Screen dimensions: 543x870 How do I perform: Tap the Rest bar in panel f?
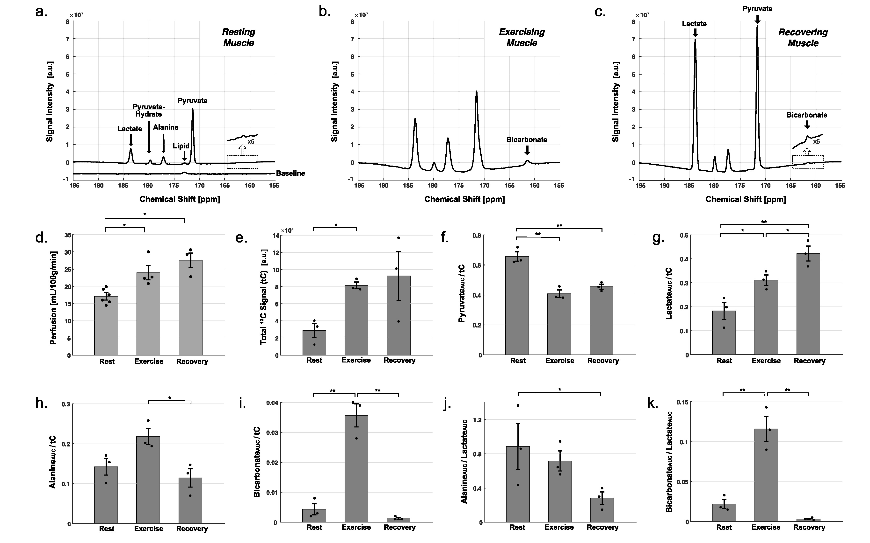(517, 305)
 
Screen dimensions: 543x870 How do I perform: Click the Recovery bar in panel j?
(602, 510)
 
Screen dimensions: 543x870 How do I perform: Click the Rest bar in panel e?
(314, 343)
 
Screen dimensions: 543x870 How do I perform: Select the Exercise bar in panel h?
(148, 480)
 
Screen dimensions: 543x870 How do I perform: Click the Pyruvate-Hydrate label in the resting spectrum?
(148, 111)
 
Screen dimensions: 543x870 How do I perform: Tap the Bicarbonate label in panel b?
(527, 140)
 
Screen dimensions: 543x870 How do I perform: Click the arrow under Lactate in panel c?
(695, 33)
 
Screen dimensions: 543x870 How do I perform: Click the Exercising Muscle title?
(522, 37)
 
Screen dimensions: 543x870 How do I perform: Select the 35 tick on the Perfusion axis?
(67, 235)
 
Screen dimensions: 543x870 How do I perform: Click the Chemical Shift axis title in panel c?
(746, 199)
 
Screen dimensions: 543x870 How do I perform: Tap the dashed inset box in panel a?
(242, 162)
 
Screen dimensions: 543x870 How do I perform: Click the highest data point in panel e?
(398, 238)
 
